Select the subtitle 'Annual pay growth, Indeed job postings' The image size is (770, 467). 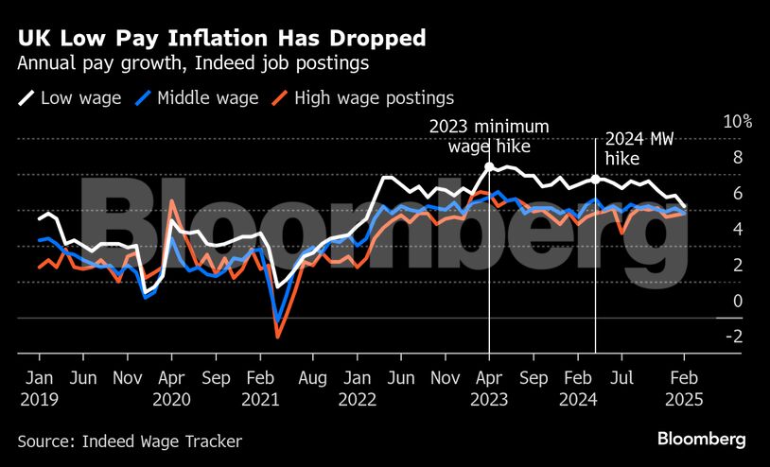tap(193, 64)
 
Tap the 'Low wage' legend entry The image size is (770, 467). tap(70, 97)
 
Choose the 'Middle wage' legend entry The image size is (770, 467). tap(197, 97)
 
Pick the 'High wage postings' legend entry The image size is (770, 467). tap(363, 97)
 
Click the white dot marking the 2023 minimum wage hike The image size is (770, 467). tap(489, 166)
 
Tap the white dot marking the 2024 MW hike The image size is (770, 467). tap(596, 179)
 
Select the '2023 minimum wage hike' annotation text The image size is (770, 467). tap(489, 136)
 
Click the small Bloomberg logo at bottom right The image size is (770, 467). tap(701, 439)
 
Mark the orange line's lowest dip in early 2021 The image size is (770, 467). tap(278, 336)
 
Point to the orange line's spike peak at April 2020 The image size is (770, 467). tap(171, 200)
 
